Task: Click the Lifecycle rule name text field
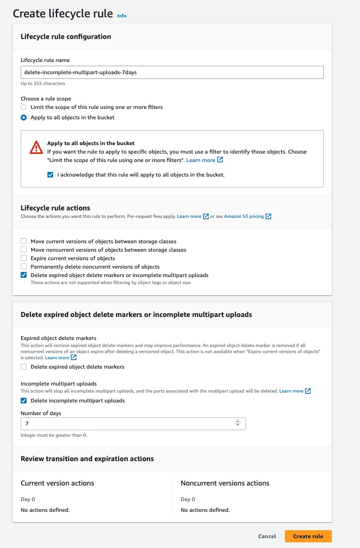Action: (172, 72)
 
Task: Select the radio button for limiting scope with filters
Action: (24, 107)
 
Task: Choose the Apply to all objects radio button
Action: (24, 117)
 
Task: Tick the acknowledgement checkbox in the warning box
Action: (51, 175)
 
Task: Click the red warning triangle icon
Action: (36, 147)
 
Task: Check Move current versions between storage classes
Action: (24, 241)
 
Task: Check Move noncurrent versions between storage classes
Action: (24, 250)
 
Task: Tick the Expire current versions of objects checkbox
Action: (24, 258)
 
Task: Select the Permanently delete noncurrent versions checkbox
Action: (24, 267)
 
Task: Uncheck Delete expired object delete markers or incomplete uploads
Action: (24, 275)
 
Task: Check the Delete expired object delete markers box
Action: (24, 367)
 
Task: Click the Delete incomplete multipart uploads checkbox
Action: (24, 401)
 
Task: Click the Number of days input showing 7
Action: (127, 423)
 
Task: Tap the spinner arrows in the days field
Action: (237, 423)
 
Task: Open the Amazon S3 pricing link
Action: (244, 216)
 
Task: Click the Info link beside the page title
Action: (122, 16)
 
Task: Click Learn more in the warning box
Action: (200, 160)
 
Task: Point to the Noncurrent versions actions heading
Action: (225, 483)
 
